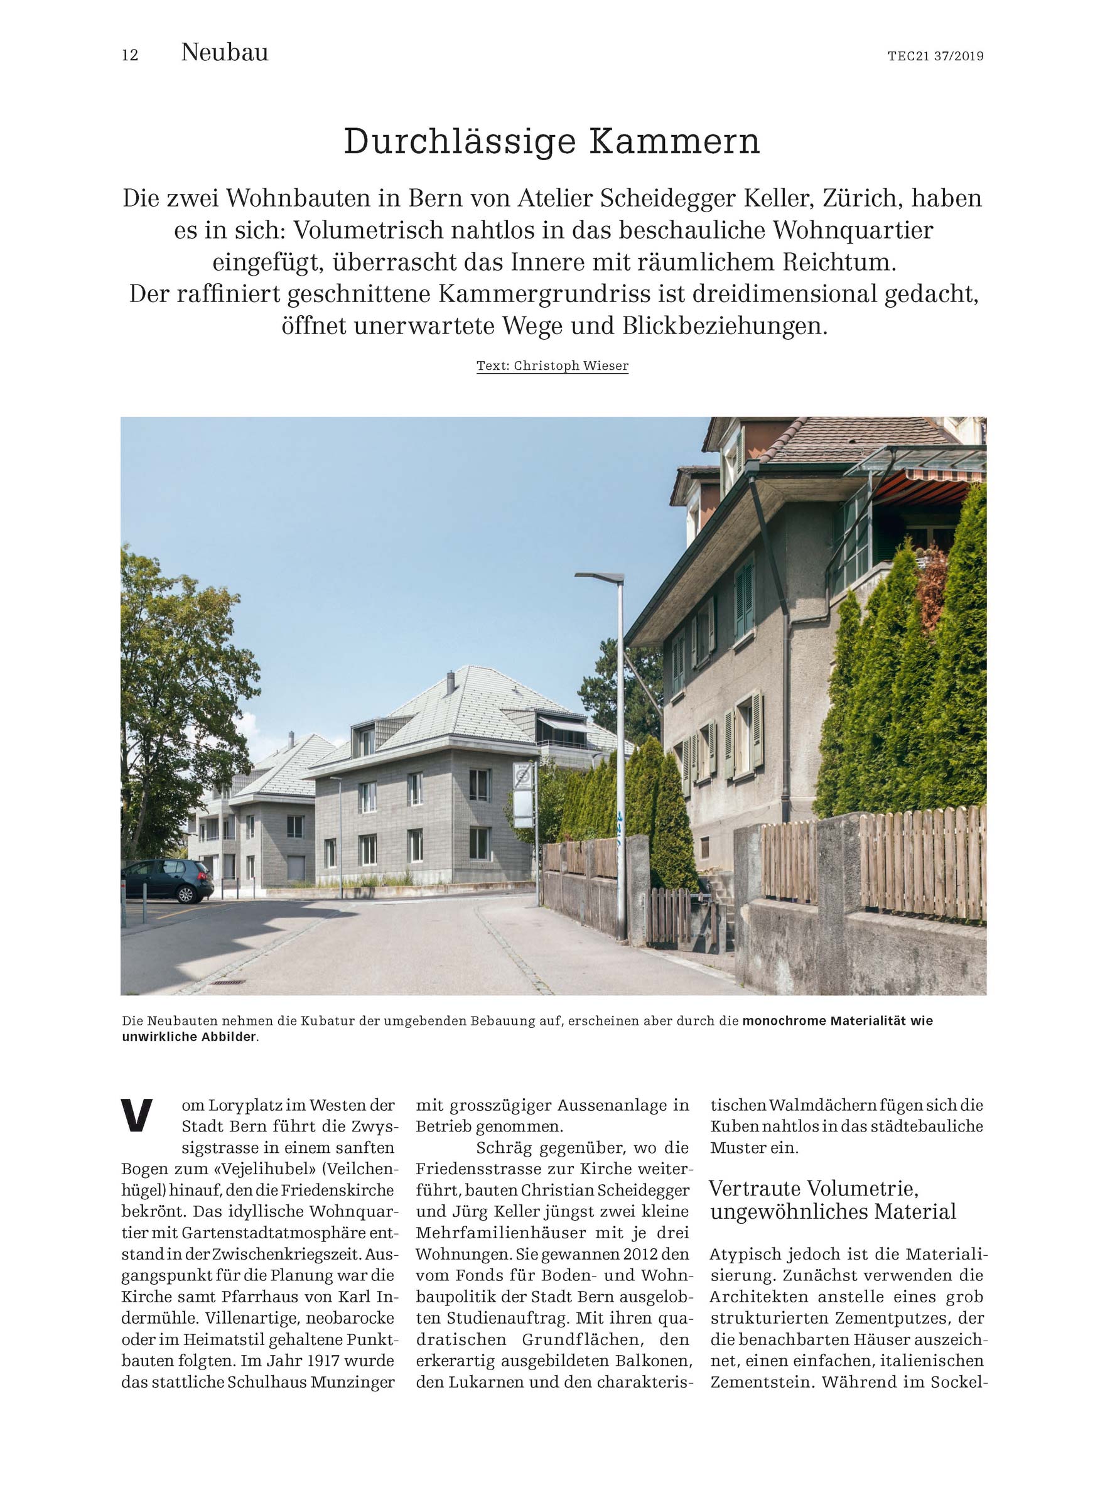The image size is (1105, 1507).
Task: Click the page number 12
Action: coord(130,55)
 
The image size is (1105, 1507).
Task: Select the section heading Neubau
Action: coord(224,52)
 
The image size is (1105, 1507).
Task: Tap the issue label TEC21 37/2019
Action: coord(935,56)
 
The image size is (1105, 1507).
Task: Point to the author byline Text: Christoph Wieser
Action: coord(552,366)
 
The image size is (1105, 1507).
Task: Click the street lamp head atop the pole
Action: coord(600,576)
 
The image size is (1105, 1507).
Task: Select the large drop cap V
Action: coord(137,1116)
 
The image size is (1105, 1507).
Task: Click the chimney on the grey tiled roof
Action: coord(450,683)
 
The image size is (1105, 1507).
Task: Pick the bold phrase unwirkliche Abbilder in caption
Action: coord(190,1037)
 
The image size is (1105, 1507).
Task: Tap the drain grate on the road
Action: coord(229,982)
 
